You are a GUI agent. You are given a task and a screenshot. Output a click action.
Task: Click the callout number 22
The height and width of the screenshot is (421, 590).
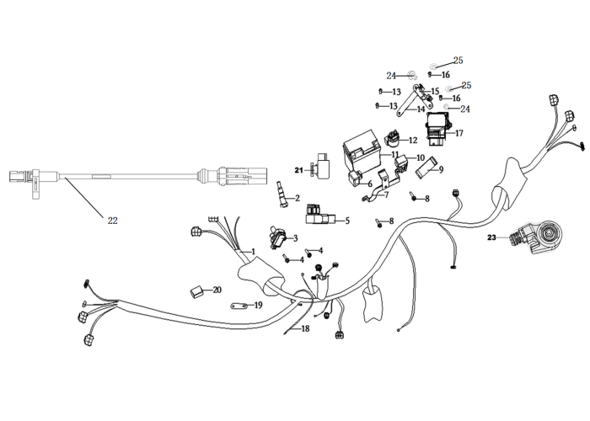112,221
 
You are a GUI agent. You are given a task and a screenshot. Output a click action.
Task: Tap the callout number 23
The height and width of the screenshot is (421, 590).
491,237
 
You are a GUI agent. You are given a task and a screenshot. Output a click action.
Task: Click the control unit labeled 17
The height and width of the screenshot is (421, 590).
438,130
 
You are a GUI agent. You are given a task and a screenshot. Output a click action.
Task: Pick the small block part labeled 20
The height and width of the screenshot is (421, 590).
196,291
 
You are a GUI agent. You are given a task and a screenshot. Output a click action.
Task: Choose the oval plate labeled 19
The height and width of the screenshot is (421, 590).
239,306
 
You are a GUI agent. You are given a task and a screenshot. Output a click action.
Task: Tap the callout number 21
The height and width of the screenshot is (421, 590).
298,170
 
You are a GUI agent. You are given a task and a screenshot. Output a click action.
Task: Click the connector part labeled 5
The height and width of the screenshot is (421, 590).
320,216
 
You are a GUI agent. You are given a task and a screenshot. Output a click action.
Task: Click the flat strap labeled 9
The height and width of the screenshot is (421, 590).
427,167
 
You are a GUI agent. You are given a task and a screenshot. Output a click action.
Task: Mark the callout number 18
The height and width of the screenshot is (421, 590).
305,329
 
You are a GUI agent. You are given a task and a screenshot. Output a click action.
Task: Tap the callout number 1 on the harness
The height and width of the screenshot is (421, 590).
253,252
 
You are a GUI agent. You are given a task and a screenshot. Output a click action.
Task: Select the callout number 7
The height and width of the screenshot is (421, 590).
387,195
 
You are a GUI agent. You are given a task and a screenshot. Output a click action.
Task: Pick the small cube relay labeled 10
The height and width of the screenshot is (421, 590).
400,162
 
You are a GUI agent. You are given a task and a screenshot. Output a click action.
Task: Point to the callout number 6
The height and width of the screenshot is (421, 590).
370,184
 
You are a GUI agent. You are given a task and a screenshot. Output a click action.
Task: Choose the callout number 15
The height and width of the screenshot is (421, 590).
435,91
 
